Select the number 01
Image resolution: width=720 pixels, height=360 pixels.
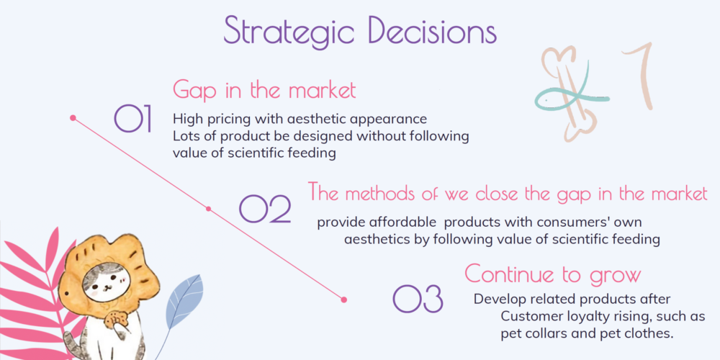tap(132, 119)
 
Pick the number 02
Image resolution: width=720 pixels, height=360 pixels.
tap(265, 209)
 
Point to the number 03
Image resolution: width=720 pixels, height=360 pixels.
tap(418, 299)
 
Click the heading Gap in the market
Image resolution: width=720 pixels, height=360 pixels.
tap(264, 91)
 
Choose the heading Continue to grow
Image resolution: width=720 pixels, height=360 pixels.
tap(552, 274)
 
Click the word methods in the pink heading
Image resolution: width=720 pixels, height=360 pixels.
tap(384, 193)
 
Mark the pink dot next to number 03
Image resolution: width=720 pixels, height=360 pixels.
tap(344, 300)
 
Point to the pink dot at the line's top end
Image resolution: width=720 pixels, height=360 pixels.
tap(73, 118)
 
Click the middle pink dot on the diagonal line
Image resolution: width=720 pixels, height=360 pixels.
tap(208, 209)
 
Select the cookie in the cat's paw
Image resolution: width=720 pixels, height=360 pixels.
tap(116, 319)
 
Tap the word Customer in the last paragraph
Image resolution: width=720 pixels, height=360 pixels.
tap(527, 316)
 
